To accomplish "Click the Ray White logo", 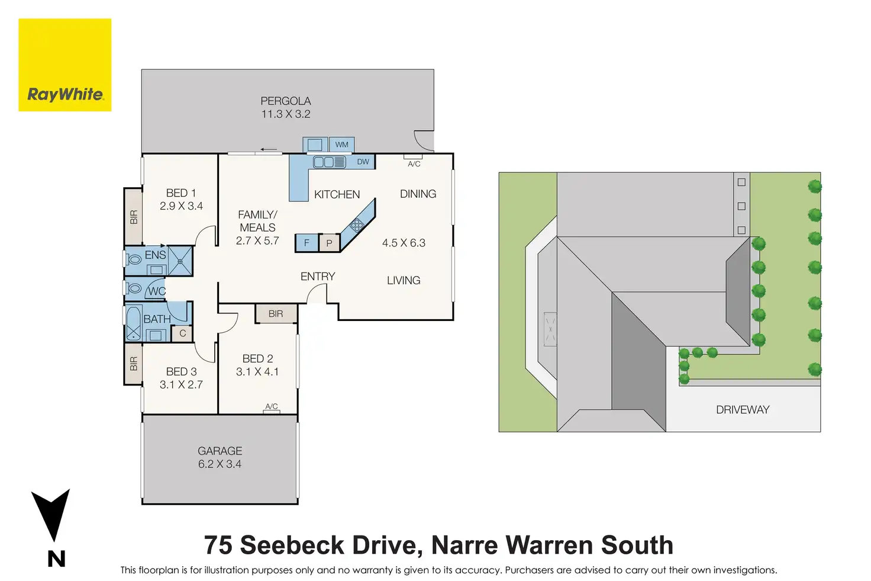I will coord(65,65).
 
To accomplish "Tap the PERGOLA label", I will coord(286,101).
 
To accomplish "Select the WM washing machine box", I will coord(341,145).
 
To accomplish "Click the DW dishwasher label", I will coord(363,162).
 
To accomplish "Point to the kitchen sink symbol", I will coord(329,162).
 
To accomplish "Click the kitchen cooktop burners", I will coord(357,224).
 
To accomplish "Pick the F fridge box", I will coord(307,243).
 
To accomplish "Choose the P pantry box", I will coord(329,243).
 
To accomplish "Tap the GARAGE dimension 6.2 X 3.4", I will coord(220,464).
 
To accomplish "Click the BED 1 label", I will coord(180,193).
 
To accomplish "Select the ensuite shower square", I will coord(180,261).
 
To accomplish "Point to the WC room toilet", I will coord(134,288).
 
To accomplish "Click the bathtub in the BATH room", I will coord(134,323).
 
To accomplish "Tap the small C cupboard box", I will coord(182,333).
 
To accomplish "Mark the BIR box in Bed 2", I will coord(276,314).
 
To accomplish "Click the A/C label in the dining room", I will coord(414,163).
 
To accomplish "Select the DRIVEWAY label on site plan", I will coord(743,410).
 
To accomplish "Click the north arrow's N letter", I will coord(56,558).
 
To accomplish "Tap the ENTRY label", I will coord(318,277).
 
